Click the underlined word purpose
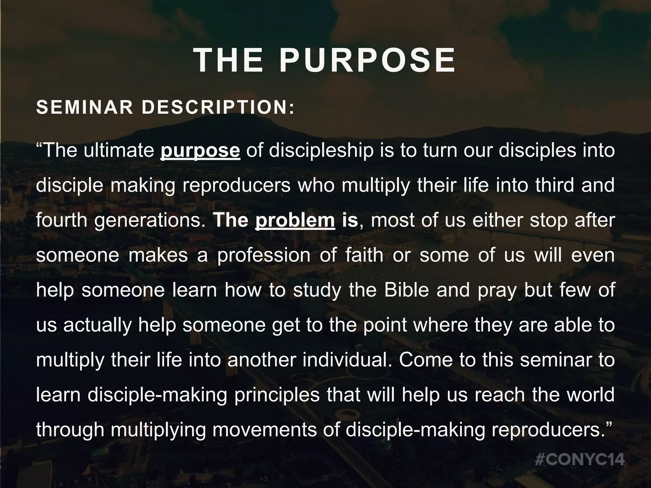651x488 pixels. pos(200,151)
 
